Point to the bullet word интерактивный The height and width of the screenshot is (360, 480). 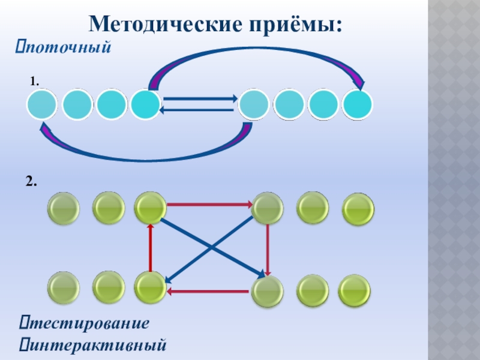tap(96, 345)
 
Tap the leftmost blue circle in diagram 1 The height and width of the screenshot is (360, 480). tap(42, 105)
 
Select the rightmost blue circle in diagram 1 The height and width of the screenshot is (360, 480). tap(358, 105)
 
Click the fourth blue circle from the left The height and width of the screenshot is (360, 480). tap(146, 105)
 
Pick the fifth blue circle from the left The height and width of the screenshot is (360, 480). tap(254, 105)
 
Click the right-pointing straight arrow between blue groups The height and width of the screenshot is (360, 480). tap(200, 98)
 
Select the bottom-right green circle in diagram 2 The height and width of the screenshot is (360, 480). tap(354, 290)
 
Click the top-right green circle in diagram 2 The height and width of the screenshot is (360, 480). tap(358, 209)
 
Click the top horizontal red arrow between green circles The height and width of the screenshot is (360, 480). tap(209, 205)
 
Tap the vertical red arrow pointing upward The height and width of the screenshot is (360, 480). tap(151, 247)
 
